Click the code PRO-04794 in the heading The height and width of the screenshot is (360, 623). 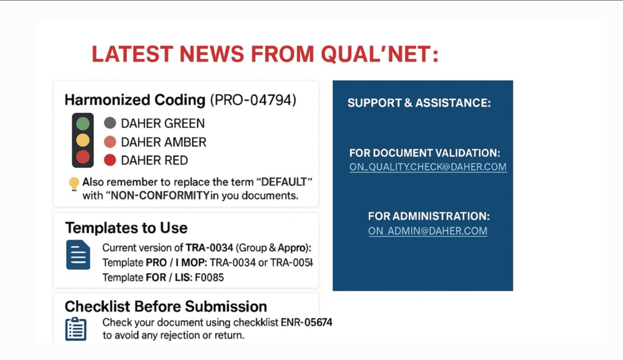(253, 100)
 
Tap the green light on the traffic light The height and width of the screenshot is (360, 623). (83, 124)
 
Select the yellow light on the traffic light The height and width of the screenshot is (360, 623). (83, 140)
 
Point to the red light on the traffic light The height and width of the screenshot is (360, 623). (83, 157)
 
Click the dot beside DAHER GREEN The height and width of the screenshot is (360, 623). (110, 123)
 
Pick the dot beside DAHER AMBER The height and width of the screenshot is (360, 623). (110, 142)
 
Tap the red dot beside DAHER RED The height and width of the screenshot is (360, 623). (110, 160)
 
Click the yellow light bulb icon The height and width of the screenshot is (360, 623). (74, 184)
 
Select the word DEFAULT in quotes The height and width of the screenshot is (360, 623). (284, 182)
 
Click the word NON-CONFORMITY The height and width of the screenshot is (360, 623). (160, 195)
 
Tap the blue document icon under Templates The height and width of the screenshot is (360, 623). (78, 255)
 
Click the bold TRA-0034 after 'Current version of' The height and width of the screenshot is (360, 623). (209, 248)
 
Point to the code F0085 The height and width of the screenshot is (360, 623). (209, 277)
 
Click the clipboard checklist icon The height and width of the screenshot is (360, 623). (76, 329)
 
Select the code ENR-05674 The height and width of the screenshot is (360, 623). (306, 322)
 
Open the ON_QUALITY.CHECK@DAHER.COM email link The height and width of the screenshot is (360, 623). (428, 167)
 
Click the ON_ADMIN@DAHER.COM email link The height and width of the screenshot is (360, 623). (428, 231)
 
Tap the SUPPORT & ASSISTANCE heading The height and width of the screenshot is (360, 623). (419, 103)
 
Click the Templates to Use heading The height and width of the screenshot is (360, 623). (126, 228)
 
